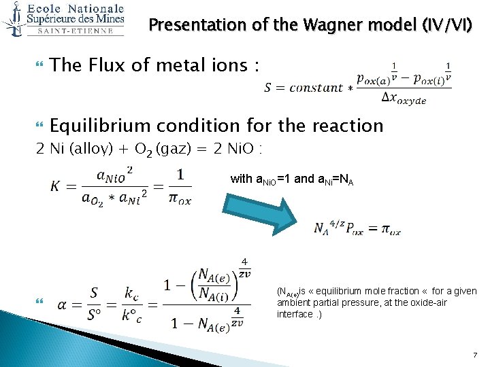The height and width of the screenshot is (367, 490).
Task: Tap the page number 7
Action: click(476, 356)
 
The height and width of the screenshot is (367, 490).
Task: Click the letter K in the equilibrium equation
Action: click(56, 186)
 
